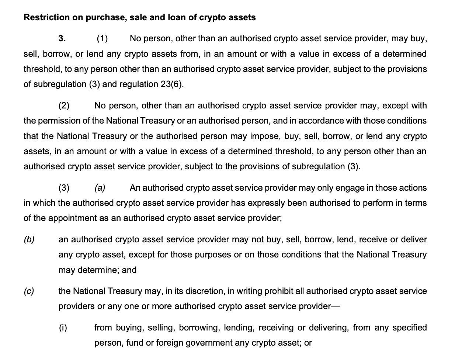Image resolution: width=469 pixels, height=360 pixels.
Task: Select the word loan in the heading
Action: point(178,17)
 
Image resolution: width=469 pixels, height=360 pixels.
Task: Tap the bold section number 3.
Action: point(62,38)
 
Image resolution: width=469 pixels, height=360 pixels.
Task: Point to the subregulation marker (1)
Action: point(102,38)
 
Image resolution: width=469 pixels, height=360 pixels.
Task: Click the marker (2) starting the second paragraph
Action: point(64,105)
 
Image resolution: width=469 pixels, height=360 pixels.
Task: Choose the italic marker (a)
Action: point(100,188)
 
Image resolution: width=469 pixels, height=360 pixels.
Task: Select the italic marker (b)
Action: point(29,239)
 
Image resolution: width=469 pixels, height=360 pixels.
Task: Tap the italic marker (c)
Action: point(29,291)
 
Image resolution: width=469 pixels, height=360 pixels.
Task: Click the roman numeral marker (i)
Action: point(63,328)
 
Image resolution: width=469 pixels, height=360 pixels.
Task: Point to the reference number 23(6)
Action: point(171,84)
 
